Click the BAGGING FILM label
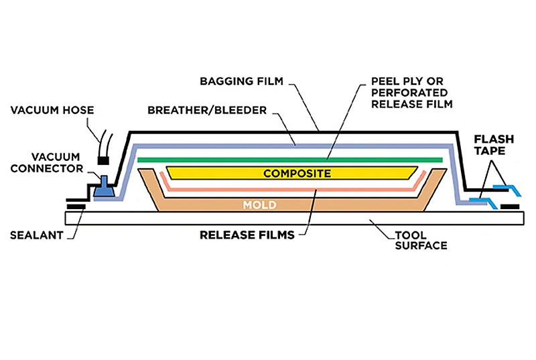pyautogui.click(x=241, y=81)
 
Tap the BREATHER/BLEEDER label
pyautogui.click(x=207, y=110)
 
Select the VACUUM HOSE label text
pyautogui.click(x=52, y=110)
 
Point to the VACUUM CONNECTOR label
pyautogui.click(x=47, y=162)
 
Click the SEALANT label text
pyautogui.click(x=37, y=235)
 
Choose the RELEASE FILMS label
pyautogui.click(x=247, y=235)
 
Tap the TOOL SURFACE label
pyautogui.click(x=421, y=241)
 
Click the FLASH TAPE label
pyautogui.click(x=494, y=145)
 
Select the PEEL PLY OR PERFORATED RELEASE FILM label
pyautogui.click(x=412, y=93)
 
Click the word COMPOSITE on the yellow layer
pyautogui.click(x=297, y=174)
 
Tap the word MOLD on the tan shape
pyautogui.click(x=260, y=205)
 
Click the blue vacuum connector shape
pyautogui.click(x=104, y=186)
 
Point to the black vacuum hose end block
pyautogui.click(x=104, y=160)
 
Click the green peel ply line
pyautogui.click(x=290, y=160)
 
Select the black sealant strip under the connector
pyautogui.click(x=76, y=206)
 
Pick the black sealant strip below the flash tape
pyautogui.click(x=510, y=206)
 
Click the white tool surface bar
pyautogui.click(x=294, y=218)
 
